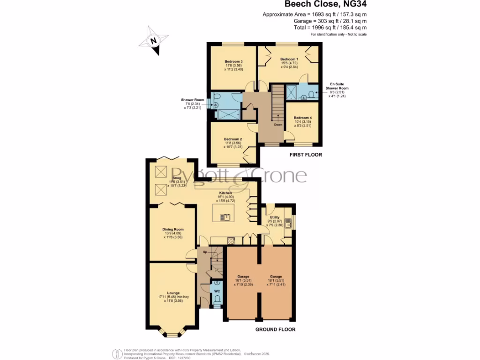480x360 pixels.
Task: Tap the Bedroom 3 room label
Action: [233, 61]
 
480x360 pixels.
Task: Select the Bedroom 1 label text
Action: [288, 60]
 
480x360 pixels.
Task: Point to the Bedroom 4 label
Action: [302, 118]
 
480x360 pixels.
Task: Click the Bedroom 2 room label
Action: [232, 139]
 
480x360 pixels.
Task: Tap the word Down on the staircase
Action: [278, 125]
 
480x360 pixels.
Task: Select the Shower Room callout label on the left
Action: [193, 100]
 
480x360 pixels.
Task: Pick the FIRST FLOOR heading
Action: [306, 155]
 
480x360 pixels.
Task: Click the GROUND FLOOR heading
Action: [275, 330]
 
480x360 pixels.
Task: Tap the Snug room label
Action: [176, 178]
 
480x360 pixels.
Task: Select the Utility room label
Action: [275, 217]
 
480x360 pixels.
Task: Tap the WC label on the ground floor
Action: [217, 291]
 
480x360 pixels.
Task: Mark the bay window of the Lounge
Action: [172, 334]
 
